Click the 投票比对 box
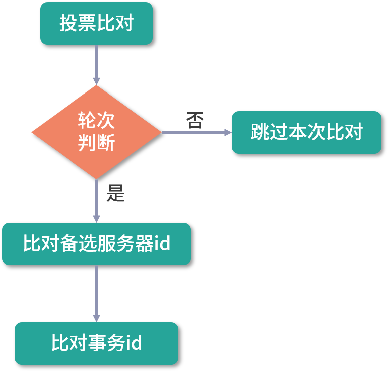(x=96, y=23)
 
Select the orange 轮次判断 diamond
(x=96, y=132)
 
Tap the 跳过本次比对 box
(x=306, y=132)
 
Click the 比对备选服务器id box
(x=96, y=244)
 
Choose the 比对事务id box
(x=96, y=343)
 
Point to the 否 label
(x=195, y=121)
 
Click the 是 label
(x=115, y=193)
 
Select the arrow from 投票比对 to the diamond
(x=96, y=64)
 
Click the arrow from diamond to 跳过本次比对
(x=196, y=133)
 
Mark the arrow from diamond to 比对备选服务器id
(x=96, y=201)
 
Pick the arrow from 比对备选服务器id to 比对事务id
(x=96, y=294)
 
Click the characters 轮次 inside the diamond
(x=96, y=121)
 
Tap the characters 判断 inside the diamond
(x=96, y=143)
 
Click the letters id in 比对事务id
(x=133, y=343)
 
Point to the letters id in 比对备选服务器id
(x=162, y=244)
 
